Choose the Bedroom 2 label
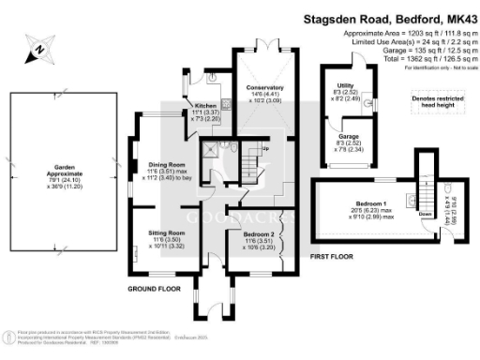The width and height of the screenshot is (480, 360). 257,240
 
